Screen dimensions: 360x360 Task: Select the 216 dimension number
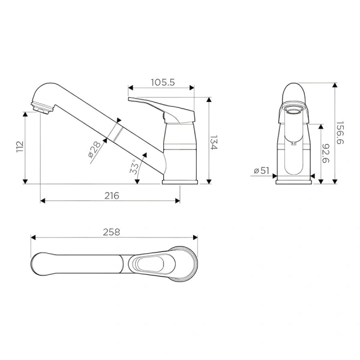point(111,195)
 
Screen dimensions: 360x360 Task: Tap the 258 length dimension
point(112,232)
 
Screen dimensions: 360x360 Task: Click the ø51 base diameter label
point(261,171)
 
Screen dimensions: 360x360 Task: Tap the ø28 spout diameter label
point(95,151)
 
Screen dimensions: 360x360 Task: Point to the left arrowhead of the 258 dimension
point(32,238)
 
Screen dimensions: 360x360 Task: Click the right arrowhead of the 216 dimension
point(178,201)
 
